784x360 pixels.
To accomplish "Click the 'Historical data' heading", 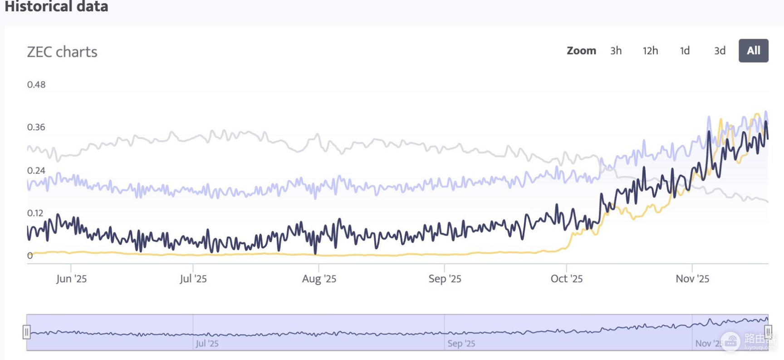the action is point(56,6).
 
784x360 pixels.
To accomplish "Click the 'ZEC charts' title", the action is point(62,52).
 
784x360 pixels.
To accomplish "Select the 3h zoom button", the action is point(616,50).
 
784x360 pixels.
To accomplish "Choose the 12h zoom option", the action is point(650,50).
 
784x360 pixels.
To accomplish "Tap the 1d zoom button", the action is point(685,50).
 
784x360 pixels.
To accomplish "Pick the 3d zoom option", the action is point(720,50).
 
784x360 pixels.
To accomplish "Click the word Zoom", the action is point(581,50).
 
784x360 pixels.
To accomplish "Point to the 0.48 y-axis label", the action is point(36,84).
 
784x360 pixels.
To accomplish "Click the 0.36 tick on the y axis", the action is point(36,127).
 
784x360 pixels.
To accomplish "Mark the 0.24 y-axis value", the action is point(36,170).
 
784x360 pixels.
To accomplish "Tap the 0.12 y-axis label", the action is point(35,213).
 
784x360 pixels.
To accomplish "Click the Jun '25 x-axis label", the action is point(71,279).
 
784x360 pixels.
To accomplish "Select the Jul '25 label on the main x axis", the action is point(193,279).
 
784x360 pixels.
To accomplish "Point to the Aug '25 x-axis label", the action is point(319,279).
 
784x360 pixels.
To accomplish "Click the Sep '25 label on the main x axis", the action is point(445,279).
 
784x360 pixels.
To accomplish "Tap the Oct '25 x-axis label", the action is point(567,279).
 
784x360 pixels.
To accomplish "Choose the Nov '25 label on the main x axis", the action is point(692,279).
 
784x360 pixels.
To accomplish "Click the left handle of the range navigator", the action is point(27,332).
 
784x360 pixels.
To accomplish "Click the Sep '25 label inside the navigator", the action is point(461,344).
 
